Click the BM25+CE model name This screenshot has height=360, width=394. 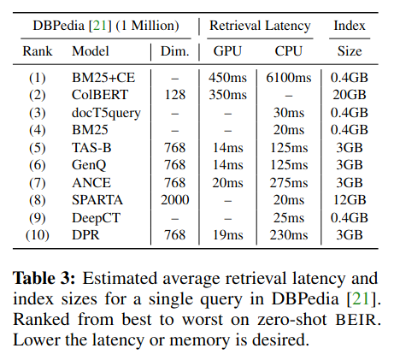(x=103, y=78)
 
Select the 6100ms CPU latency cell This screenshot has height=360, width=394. (x=289, y=78)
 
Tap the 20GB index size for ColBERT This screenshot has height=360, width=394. (x=350, y=95)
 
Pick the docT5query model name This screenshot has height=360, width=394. (x=106, y=113)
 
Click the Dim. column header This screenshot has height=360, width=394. (x=175, y=51)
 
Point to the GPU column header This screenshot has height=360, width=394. (x=227, y=51)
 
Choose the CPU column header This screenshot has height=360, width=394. (x=288, y=51)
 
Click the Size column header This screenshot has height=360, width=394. (x=350, y=51)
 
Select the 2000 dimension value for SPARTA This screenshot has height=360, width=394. (x=175, y=200)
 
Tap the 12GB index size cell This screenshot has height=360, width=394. (x=350, y=200)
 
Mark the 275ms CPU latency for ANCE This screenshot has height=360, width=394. (x=289, y=183)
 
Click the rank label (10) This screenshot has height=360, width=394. (x=38, y=235)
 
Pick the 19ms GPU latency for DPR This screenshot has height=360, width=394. (x=227, y=235)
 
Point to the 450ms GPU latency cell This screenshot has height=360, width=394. (x=227, y=78)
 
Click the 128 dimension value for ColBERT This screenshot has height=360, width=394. (x=175, y=95)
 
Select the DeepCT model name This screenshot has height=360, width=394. (x=96, y=218)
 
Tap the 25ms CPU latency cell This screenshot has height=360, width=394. (x=289, y=218)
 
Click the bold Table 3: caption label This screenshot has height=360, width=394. (x=44, y=278)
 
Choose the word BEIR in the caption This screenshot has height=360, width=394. (x=358, y=319)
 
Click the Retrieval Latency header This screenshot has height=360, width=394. (x=260, y=26)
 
